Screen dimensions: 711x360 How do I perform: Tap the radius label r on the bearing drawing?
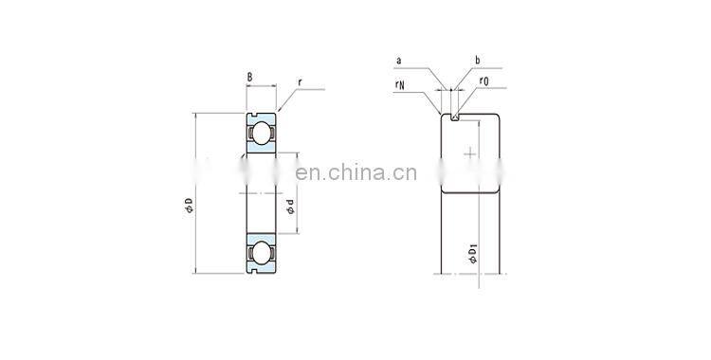tap(300, 82)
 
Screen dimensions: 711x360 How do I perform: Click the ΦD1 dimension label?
tap(471, 254)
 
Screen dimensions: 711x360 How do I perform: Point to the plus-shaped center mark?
tap(471, 153)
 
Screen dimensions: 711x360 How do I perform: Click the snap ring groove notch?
tap(456, 117)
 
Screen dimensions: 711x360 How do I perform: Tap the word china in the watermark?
tap(357, 173)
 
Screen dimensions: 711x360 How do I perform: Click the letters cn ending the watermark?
tap(399, 173)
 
